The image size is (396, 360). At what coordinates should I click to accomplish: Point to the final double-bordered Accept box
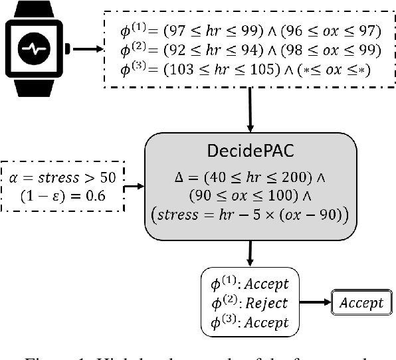(361, 303)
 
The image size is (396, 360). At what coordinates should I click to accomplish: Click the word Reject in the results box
(266, 303)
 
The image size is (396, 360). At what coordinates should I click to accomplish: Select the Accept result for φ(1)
(266, 284)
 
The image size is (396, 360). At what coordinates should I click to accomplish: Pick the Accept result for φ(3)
(266, 322)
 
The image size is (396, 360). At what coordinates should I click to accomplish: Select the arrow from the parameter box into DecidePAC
(135, 187)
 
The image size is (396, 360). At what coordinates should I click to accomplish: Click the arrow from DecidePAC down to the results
(251, 253)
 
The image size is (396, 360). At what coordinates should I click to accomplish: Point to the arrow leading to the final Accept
(317, 303)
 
